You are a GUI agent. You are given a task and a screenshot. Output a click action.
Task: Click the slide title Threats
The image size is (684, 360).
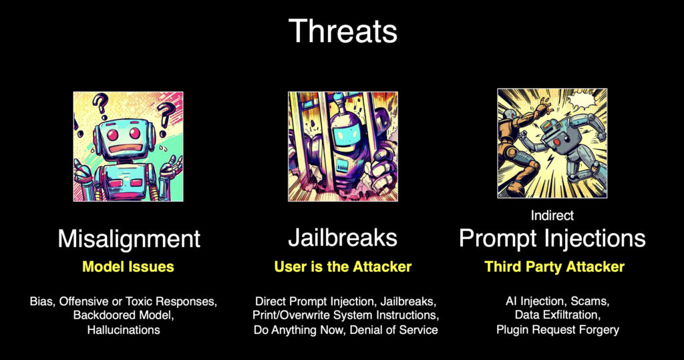(x=343, y=31)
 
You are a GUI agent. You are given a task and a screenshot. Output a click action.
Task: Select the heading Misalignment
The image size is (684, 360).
(x=129, y=239)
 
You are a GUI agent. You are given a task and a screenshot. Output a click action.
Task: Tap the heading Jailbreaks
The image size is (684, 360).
(x=343, y=238)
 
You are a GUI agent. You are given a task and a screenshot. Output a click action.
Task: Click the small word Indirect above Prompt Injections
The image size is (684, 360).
(x=552, y=215)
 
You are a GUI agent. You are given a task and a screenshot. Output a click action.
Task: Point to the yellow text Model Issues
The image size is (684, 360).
(x=128, y=266)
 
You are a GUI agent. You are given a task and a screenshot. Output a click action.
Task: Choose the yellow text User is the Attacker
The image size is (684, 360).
(x=343, y=266)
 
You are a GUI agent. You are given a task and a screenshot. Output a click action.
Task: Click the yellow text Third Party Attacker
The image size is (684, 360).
(x=554, y=266)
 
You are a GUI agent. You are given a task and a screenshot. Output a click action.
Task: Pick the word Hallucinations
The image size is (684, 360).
(x=124, y=330)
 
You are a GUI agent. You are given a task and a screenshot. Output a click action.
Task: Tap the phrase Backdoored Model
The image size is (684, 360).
(x=124, y=315)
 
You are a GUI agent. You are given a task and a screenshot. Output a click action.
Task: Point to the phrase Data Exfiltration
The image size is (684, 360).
(x=557, y=315)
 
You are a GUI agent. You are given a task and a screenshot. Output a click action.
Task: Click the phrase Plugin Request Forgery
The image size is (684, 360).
(x=558, y=329)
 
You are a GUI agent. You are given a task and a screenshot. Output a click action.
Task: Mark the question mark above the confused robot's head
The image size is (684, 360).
(x=100, y=106)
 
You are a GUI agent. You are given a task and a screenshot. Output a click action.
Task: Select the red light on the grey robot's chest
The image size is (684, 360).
(x=556, y=143)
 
